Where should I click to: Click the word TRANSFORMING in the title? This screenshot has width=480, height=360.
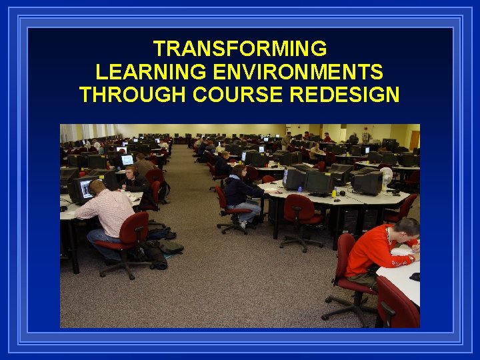point(240,49)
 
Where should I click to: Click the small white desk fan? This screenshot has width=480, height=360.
point(386,176)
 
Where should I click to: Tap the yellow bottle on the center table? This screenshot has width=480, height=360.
point(333,193)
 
